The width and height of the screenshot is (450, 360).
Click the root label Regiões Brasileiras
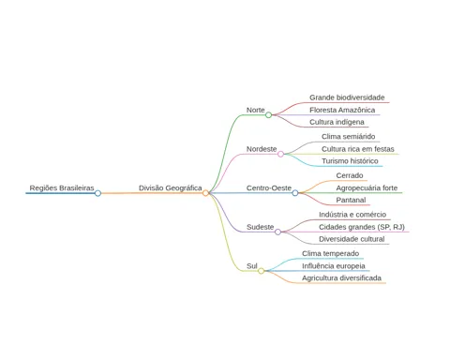pos(62,188)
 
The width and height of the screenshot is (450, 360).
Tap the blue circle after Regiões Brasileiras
pos(97,193)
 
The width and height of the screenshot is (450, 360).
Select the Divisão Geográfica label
pos(171,188)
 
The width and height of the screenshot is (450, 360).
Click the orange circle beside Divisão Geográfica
pos(205,193)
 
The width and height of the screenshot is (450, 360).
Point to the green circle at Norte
pos(268,115)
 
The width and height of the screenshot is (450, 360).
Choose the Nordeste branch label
pos(262,149)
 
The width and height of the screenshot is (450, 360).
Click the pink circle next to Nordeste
pos(280,154)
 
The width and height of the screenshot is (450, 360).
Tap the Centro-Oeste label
pos(269,188)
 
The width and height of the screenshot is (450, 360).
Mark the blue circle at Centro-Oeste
pos(295,193)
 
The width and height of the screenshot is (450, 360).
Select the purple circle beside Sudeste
pos(277,232)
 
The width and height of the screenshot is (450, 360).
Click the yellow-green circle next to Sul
pos(261,271)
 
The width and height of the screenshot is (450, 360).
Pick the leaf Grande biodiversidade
pos(347,97)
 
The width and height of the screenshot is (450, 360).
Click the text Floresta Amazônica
pos(342,110)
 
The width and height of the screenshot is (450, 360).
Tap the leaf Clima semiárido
pos(349,137)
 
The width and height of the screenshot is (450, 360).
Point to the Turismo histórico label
pos(350,161)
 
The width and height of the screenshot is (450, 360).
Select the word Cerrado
pos(350,175)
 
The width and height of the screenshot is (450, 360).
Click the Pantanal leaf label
pos(351,200)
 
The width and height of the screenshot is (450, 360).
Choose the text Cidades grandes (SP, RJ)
pos(362,227)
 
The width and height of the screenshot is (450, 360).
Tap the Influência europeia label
pos(334,266)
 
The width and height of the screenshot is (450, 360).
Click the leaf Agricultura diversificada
pos(341,278)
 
